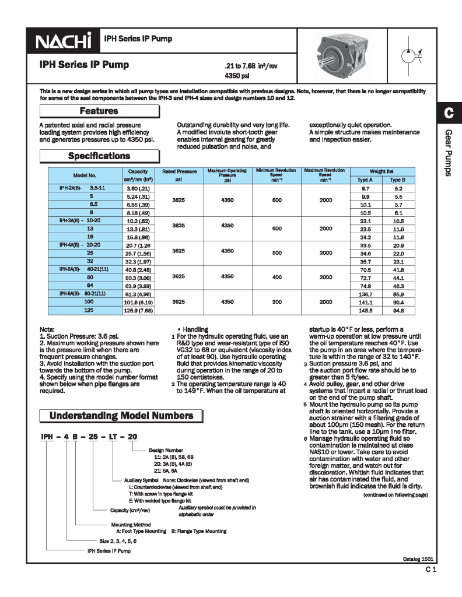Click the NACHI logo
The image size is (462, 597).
65,41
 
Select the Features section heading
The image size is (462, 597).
99,111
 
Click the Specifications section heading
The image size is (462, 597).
99,156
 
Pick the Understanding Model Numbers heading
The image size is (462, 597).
121,416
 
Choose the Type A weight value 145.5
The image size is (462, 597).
366,311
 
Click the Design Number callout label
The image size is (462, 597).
166,451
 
